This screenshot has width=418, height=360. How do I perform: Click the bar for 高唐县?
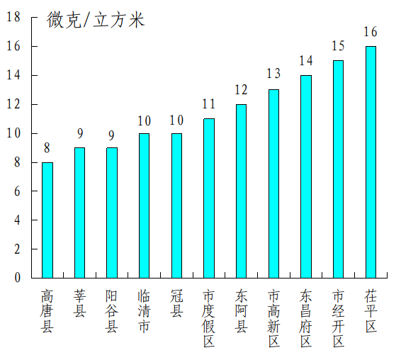(x=47, y=220)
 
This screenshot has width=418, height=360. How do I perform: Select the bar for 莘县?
(x=79, y=213)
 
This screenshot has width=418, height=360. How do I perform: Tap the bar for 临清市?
(x=144, y=206)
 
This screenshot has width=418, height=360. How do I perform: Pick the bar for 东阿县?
(x=241, y=191)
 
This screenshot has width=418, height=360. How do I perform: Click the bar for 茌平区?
(x=371, y=162)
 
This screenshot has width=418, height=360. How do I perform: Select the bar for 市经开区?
(x=338, y=169)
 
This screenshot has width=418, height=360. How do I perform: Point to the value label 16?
(x=371, y=32)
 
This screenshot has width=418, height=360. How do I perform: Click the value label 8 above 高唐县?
(x=47, y=148)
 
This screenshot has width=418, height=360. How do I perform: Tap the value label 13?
(x=273, y=74)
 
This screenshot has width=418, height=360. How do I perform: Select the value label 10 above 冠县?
(x=176, y=120)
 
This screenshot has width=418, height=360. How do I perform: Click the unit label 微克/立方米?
(x=96, y=20)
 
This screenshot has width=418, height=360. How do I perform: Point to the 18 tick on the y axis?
(x=13, y=17)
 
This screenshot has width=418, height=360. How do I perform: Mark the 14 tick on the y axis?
(x=13, y=75)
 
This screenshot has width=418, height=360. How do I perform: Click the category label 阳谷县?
(x=112, y=310)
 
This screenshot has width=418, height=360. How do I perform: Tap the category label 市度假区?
(x=209, y=318)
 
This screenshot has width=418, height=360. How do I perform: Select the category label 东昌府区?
(x=305, y=318)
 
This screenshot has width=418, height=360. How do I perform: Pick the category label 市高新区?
(x=273, y=318)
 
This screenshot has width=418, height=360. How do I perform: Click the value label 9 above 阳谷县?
(x=112, y=134)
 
